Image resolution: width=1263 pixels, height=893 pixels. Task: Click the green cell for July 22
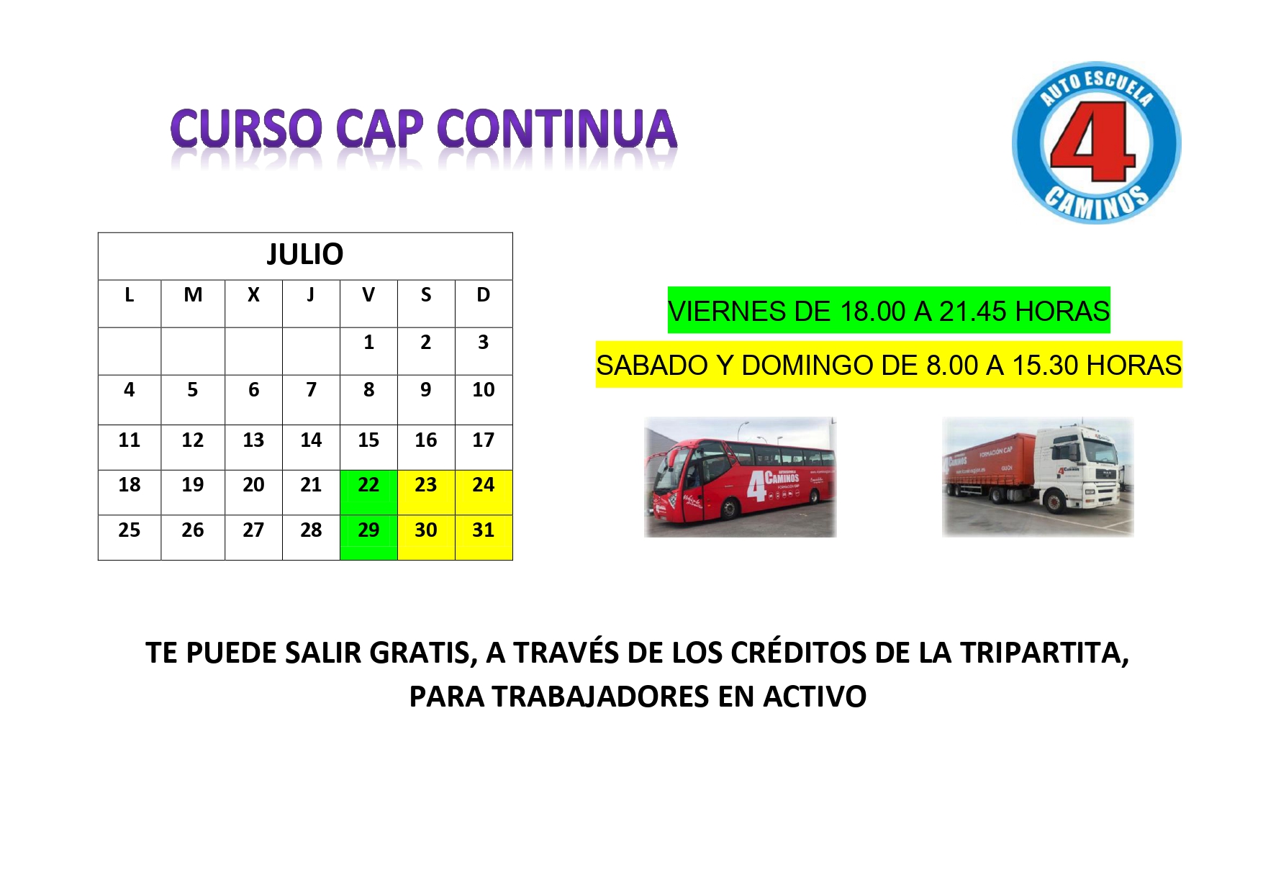tap(368, 492)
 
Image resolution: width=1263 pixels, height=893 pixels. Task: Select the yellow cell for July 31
tap(484, 538)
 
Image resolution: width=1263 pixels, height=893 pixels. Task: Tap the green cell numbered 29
tap(368, 538)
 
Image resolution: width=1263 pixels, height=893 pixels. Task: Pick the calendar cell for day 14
tap(311, 447)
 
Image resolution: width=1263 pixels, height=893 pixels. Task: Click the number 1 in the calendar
tap(368, 342)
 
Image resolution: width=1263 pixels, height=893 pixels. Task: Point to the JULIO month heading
tap(305, 254)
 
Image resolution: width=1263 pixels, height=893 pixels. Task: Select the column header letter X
tap(253, 295)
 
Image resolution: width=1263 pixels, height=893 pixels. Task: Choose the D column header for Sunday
tap(484, 295)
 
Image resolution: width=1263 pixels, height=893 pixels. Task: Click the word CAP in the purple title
tap(380, 129)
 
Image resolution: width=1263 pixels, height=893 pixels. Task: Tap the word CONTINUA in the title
tap(557, 129)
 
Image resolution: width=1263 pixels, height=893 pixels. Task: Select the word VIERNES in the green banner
tap(726, 312)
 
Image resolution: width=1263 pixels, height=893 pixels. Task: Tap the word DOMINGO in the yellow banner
tap(807, 366)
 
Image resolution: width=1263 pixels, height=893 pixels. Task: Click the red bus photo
tap(740, 477)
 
